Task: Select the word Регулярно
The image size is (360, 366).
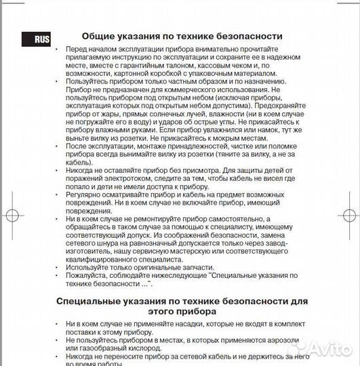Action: coord(89,194)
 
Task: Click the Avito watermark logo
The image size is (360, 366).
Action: coord(325,350)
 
